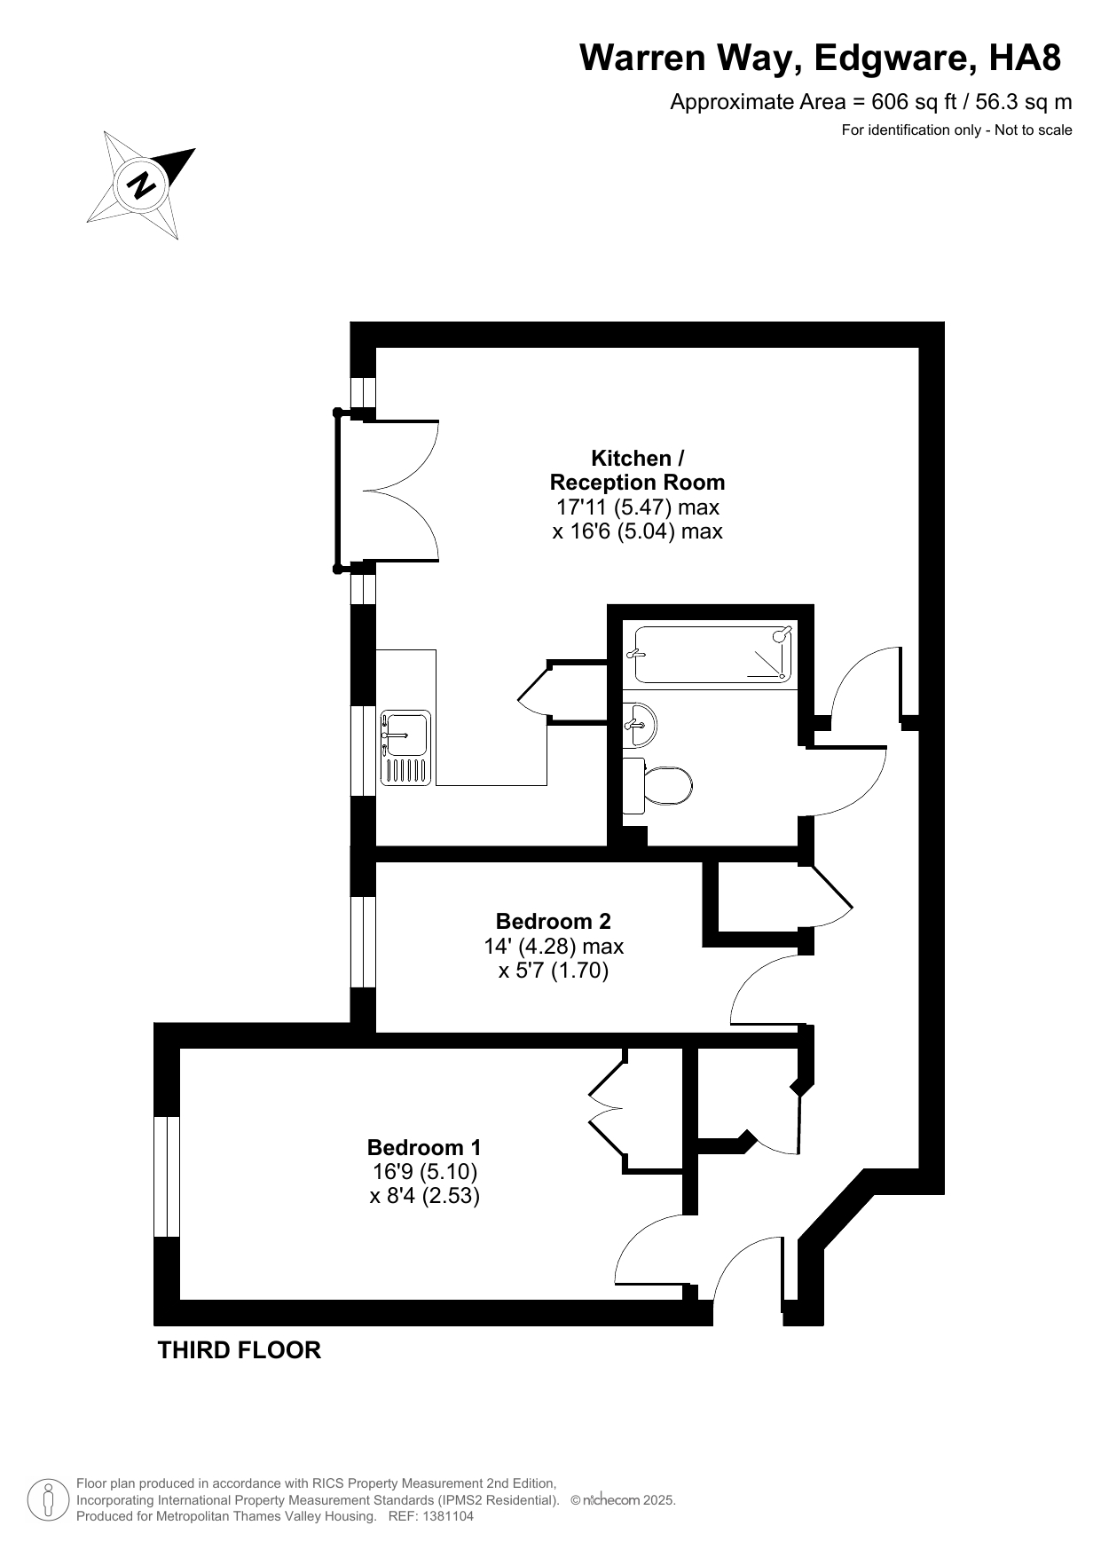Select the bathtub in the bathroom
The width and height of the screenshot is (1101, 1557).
(x=712, y=655)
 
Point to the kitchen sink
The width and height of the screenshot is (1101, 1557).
(x=405, y=747)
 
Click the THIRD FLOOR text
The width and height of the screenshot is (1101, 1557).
(x=239, y=1350)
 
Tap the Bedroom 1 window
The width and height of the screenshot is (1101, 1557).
(x=167, y=1176)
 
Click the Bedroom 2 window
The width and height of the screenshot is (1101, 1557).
(x=363, y=942)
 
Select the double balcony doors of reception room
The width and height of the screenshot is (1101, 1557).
(x=387, y=490)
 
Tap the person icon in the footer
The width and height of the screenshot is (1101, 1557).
(x=49, y=1499)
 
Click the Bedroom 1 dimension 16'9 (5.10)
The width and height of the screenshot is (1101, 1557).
(x=425, y=1171)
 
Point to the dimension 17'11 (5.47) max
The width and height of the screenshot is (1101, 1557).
(x=637, y=507)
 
